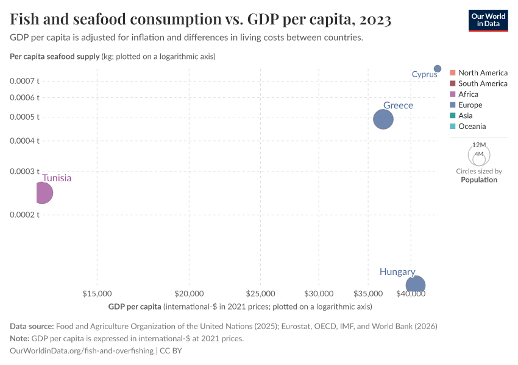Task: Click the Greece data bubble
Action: pyautogui.click(x=383, y=119)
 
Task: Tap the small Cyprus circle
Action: pyautogui.click(x=438, y=69)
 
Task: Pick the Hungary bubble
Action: pyautogui.click(x=416, y=285)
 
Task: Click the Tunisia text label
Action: pyautogui.click(x=57, y=178)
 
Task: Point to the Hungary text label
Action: pyautogui.click(x=397, y=272)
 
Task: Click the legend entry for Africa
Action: pyautogui.click(x=468, y=94)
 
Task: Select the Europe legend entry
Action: pyautogui.click(x=470, y=105)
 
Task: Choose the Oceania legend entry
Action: pyautogui.click(x=472, y=127)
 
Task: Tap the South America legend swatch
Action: pyautogui.click(x=452, y=83)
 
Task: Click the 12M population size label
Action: pyautogui.click(x=479, y=145)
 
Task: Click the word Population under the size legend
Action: pyautogui.click(x=479, y=179)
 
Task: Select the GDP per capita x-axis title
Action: pyautogui.click(x=135, y=306)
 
